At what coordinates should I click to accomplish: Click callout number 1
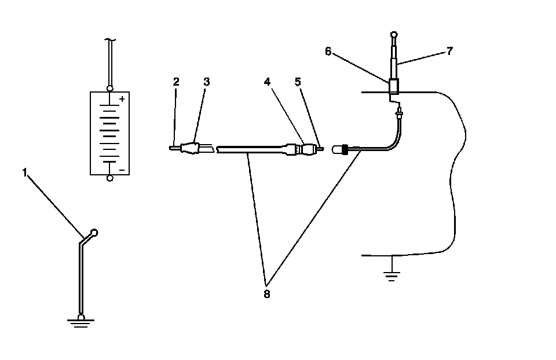tap(25, 172)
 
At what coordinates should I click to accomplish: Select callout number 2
tap(176, 82)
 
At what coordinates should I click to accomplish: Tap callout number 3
tap(206, 82)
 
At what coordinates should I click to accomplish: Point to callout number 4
tap(267, 82)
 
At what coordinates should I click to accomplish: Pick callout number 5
tap(298, 82)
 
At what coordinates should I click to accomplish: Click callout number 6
tap(328, 52)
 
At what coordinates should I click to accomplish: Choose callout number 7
tap(449, 51)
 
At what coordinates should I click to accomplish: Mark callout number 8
tap(266, 293)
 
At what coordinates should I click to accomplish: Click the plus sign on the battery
tap(122, 99)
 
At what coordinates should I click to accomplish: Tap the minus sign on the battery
tap(122, 171)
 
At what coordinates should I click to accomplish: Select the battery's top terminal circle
tap(110, 89)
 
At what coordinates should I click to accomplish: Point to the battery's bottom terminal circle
tap(110, 178)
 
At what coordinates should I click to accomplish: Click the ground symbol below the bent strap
tap(81, 321)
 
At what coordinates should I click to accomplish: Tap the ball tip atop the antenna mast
tap(393, 35)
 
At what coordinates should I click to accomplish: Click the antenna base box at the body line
tap(394, 86)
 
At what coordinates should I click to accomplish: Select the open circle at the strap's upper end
tap(95, 233)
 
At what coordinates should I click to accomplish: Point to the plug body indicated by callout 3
tap(191, 149)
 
